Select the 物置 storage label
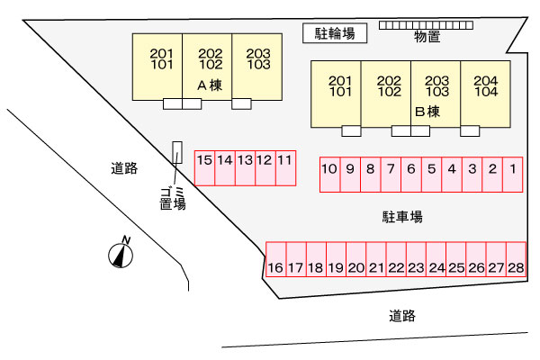click(x=427, y=37)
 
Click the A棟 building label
click(x=209, y=86)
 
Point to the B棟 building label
click(x=427, y=112)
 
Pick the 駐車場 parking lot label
click(x=402, y=217)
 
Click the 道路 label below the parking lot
click(x=402, y=316)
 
